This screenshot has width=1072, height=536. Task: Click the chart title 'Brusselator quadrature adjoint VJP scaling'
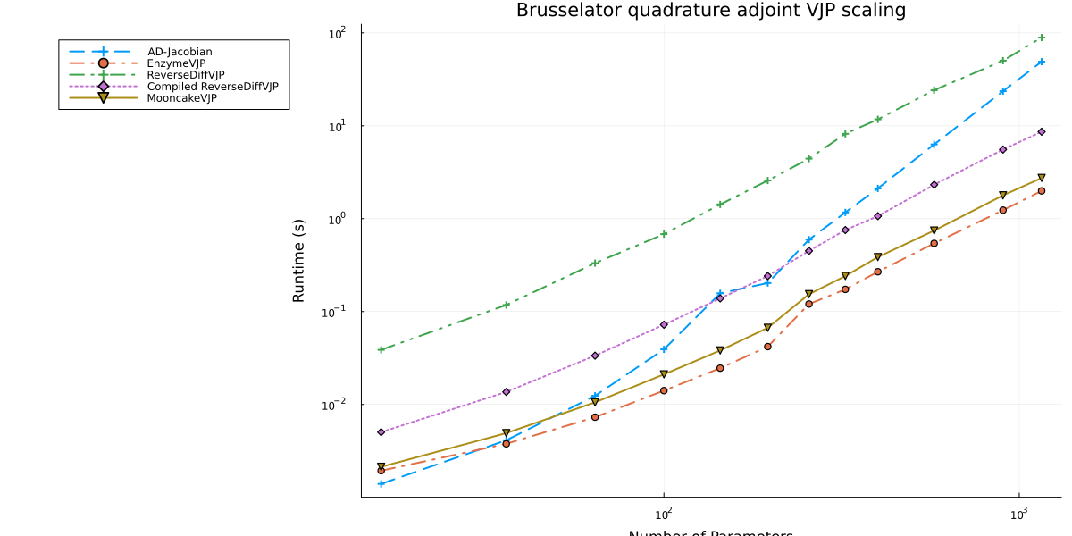710,11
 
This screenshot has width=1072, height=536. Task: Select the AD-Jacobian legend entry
180,52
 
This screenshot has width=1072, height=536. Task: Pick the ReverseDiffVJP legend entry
186,75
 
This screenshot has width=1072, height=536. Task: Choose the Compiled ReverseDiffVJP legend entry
213,87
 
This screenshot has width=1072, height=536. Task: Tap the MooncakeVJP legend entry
182,98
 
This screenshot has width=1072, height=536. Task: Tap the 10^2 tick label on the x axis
663,515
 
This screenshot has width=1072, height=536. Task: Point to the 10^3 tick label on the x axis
1018,515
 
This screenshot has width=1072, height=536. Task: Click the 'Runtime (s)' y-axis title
299,260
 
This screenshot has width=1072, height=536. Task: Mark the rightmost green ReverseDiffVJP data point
1042,38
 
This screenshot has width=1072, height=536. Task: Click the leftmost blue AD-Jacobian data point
381,483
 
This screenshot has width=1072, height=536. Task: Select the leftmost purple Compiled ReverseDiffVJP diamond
381,432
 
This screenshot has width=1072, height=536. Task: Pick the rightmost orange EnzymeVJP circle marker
1042,191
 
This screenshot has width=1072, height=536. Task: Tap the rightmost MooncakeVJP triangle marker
1042,178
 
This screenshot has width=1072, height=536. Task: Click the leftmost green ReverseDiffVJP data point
381,349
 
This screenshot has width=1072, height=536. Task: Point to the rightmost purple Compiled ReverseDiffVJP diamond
1042,132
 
